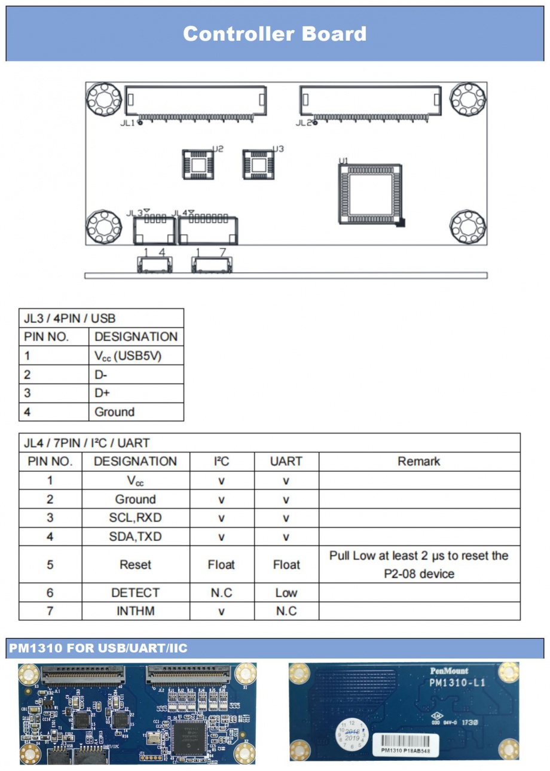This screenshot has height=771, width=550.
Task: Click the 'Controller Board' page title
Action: tap(274, 33)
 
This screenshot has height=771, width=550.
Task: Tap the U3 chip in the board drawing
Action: tap(258, 163)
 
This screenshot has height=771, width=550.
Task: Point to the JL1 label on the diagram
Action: tap(127, 123)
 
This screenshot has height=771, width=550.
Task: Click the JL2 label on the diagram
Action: tap(303, 123)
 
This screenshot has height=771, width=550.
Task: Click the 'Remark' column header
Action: tap(418, 461)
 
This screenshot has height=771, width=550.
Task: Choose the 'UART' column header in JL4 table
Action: tap(286, 461)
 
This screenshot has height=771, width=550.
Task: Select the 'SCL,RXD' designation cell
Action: tap(135, 517)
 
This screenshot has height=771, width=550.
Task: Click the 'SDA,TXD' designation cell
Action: tap(135, 537)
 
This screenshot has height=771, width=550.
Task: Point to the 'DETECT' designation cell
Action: tap(135, 593)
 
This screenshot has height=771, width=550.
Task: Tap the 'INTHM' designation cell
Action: tap(135, 611)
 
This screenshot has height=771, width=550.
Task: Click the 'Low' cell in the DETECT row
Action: tap(286, 593)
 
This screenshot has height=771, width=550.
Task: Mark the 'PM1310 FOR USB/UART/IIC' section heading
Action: tap(98, 648)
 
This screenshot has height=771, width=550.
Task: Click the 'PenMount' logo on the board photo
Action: tap(449, 671)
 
